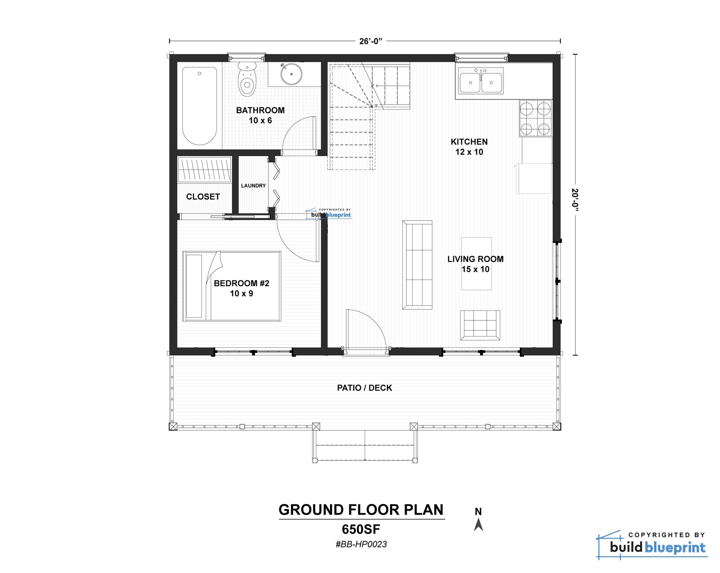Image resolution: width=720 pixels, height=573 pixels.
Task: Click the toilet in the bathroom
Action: coord(247,80)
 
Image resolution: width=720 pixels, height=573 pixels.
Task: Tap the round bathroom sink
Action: coord(291,74)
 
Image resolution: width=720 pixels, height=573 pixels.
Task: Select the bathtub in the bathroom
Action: coord(199,106)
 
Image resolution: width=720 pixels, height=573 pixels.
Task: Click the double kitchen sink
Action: coord(480,81)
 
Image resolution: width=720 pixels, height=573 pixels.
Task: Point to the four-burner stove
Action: coord(535,118)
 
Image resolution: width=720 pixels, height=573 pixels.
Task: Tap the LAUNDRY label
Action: coord(253,186)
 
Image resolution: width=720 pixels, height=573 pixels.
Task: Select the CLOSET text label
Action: coord(203,196)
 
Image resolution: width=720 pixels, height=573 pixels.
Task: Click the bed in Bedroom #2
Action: coord(232,286)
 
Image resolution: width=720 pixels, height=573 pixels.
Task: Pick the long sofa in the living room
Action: coord(417,265)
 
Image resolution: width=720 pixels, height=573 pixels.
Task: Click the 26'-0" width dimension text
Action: coord(371,41)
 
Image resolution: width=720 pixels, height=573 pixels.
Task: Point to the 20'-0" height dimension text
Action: coord(575,198)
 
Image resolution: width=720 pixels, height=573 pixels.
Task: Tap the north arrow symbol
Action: coord(478,524)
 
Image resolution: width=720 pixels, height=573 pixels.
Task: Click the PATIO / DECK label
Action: coord(364,388)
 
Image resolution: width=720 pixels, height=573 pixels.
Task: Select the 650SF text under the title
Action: coord(361,529)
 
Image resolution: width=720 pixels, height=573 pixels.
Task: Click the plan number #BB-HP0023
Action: coord(361,544)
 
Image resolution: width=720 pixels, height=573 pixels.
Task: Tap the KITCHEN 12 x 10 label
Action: coord(469,147)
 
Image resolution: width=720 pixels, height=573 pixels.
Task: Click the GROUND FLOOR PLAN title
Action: coord(361,510)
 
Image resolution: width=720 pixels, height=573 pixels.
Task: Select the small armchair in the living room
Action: coord(480,325)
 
